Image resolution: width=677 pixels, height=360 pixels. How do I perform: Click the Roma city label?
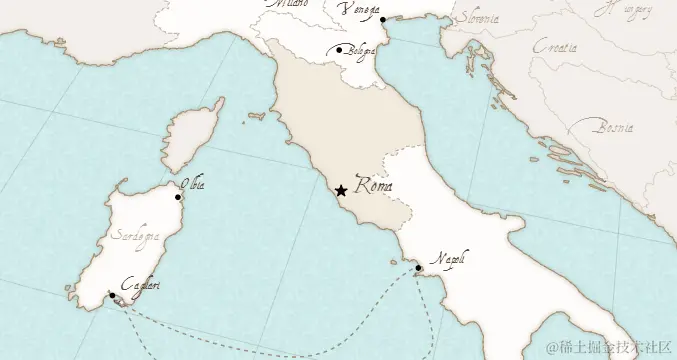click(x=373, y=186)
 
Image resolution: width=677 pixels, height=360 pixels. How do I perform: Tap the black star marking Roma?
click(x=341, y=190)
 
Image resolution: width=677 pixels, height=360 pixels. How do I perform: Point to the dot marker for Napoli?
click(x=418, y=268)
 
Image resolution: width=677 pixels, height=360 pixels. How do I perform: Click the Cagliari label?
click(x=139, y=286)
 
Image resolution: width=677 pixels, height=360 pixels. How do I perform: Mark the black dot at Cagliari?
click(x=112, y=296)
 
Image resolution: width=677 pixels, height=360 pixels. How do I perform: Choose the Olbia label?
click(x=192, y=184)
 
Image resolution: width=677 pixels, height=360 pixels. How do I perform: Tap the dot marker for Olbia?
click(x=178, y=197)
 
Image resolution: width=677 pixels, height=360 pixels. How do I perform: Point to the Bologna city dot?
click(x=340, y=50)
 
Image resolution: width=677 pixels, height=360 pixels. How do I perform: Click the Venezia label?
click(x=359, y=10)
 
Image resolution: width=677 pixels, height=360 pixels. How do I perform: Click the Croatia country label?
click(x=555, y=47)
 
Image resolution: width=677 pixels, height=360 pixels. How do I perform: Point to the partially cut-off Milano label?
click(x=288, y=4)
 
